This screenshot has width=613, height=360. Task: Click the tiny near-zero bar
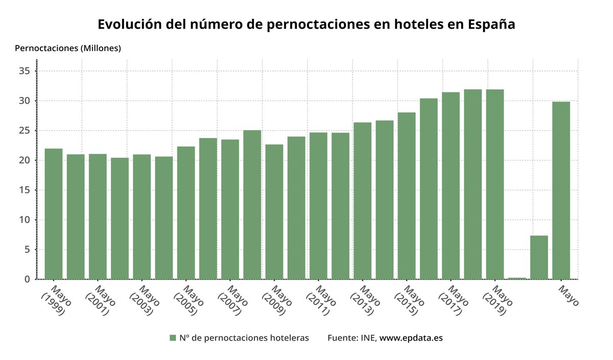517,278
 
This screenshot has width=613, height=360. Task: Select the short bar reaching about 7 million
539,257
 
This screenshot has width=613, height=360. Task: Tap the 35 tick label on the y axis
25,71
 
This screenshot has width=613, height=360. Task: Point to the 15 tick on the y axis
25,190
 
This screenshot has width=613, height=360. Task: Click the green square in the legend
173,338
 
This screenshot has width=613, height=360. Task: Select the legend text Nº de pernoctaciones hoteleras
244,338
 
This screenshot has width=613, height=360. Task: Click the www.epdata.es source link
411,338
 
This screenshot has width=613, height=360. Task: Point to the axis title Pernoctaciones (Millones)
68,49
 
